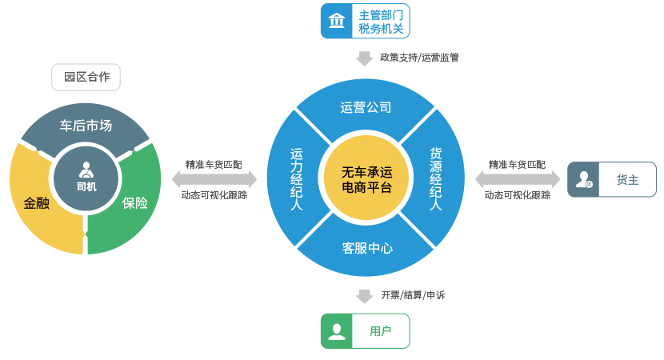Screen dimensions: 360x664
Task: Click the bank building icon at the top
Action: click(x=337, y=21)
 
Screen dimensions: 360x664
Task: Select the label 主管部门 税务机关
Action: click(x=381, y=22)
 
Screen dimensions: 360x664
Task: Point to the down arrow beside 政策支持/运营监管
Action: click(x=365, y=58)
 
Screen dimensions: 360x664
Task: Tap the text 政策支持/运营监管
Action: click(x=419, y=58)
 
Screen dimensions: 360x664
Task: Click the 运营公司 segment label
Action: click(x=366, y=106)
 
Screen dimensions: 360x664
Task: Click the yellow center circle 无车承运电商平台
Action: click(x=366, y=180)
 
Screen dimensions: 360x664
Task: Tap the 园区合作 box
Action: click(x=86, y=77)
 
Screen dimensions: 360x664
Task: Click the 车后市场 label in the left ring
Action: click(x=86, y=126)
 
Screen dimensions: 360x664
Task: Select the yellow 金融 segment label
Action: click(x=37, y=203)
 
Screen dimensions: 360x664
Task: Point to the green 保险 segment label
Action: click(x=135, y=203)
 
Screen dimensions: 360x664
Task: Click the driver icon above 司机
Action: click(x=86, y=170)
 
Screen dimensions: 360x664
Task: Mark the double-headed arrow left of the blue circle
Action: click(x=214, y=179)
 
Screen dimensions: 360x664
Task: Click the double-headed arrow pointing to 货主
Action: click(x=518, y=179)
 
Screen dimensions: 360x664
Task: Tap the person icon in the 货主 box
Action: click(x=584, y=179)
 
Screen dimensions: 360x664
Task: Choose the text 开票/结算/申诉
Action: click(x=413, y=295)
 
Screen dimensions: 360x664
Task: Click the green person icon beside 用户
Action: click(x=338, y=330)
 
